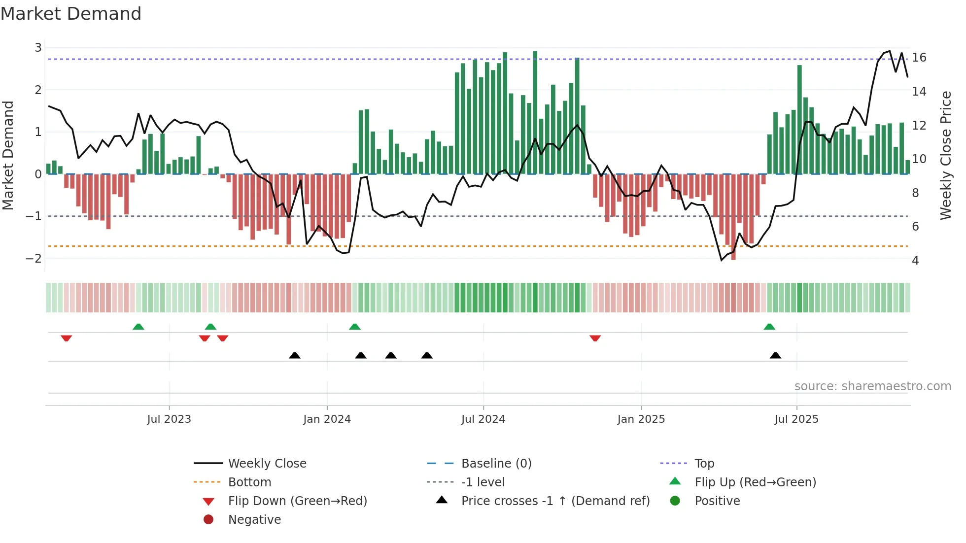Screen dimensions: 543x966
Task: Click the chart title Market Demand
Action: (x=71, y=14)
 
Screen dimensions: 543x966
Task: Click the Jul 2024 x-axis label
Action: (x=483, y=419)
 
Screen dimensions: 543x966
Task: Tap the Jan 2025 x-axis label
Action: (x=641, y=419)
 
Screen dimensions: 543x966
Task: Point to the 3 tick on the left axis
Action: (x=38, y=48)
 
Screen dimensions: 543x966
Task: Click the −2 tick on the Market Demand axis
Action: (x=34, y=258)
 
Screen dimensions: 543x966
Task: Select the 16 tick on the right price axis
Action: (x=919, y=58)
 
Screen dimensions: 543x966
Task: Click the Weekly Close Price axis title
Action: (x=945, y=155)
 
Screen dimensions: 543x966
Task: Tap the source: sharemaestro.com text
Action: (x=872, y=386)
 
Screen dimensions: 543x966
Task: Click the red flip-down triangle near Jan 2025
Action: (x=595, y=338)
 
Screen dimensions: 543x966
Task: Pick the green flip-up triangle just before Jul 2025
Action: (x=769, y=327)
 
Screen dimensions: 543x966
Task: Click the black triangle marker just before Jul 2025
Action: (x=775, y=355)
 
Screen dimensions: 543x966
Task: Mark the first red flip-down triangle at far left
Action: (x=67, y=338)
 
